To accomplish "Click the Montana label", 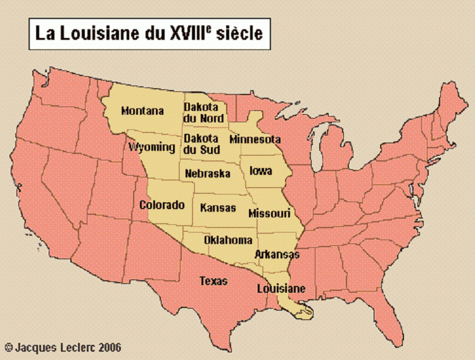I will [142, 111].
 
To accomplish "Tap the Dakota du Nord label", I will [201, 113].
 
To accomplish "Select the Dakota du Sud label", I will [201, 144].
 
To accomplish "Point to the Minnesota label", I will [255, 139].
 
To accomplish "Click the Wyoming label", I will [151, 147].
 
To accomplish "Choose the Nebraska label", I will [207, 173].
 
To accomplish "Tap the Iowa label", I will [260, 170].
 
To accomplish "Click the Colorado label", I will [161, 205].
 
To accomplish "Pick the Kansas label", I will [217, 207].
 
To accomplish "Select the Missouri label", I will [269, 212].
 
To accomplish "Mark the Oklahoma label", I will [228, 240].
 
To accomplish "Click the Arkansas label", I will [277, 254].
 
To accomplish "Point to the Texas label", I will [213, 280].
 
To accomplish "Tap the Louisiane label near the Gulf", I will [281, 288].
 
